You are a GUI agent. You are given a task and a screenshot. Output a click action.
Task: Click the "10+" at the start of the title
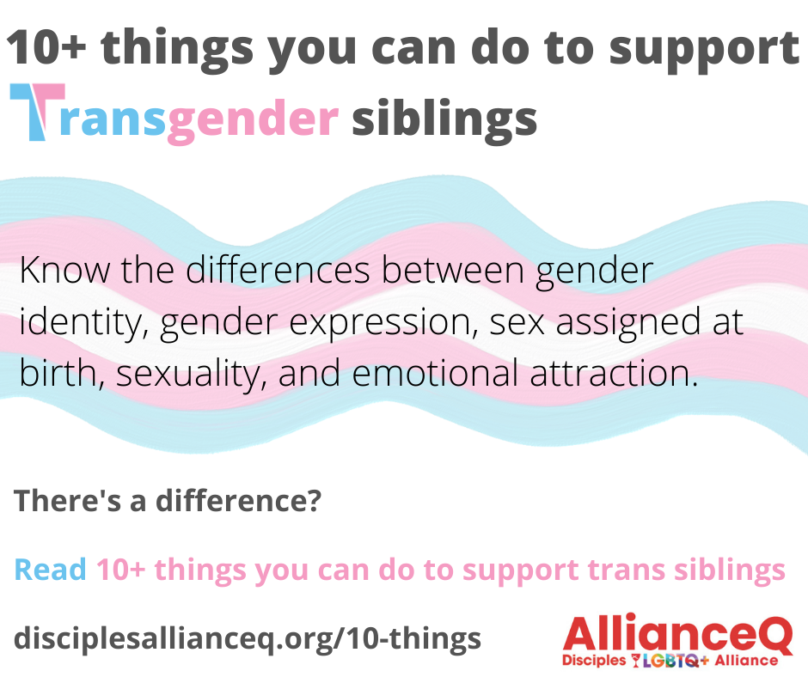(x=46, y=47)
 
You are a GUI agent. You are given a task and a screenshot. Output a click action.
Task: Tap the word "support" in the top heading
(x=704, y=52)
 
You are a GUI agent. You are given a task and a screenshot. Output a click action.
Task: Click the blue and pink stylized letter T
(x=38, y=112)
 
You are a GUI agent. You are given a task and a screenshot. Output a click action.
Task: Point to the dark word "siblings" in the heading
(x=444, y=119)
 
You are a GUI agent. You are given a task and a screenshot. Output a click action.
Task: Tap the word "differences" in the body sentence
(x=278, y=270)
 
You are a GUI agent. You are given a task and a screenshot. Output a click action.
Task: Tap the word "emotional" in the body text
(x=435, y=373)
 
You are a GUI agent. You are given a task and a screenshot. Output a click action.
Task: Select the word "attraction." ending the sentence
(x=614, y=373)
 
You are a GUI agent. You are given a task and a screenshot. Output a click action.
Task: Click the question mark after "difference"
(x=313, y=500)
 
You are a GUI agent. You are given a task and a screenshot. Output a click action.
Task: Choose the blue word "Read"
(x=50, y=570)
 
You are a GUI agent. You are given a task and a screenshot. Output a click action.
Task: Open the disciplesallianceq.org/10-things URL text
(x=248, y=638)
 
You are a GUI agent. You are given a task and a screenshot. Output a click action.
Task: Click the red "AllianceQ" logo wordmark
(x=677, y=634)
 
